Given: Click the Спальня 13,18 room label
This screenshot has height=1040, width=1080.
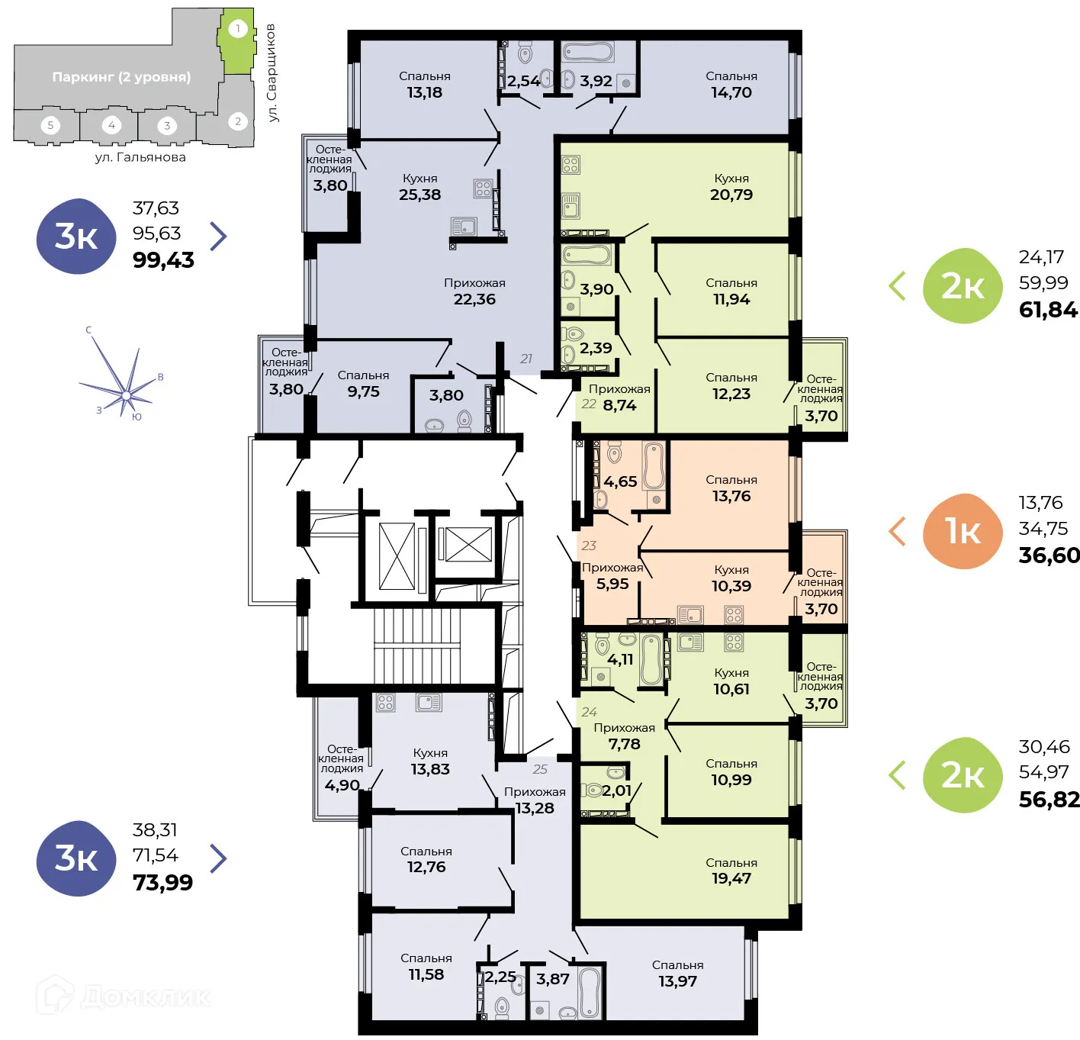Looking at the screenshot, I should [x=424, y=85].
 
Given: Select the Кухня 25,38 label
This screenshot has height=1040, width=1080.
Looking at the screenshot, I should [x=419, y=187].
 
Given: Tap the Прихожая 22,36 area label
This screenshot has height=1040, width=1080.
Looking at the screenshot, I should [x=474, y=291].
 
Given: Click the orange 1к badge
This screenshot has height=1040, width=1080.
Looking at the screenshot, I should [x=963, y=531].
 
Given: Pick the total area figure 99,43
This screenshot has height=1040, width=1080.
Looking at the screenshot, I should [x=163, y=260].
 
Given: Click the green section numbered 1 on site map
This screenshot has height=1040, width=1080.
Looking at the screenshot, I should [x=237, y=42].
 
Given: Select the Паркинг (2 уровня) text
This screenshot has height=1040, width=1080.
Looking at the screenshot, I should [x=121, y=77].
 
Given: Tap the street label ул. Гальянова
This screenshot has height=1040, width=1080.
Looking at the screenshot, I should [x=140, y=157].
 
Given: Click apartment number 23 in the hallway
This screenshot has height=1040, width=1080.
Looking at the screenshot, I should [x=589, y=546].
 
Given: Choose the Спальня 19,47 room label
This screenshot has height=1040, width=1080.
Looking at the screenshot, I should [x=731, y=871].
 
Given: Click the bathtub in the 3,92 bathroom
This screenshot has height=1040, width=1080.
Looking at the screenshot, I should [x=587, y=52].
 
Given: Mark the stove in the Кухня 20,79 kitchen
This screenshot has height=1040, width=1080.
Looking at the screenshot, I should [x=571, y=164].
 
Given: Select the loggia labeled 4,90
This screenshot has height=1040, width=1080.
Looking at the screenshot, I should [x=341, y=768].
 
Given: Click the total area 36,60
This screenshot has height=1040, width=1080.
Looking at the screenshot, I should [x=1049, y=555].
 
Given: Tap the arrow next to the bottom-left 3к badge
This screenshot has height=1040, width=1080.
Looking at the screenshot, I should [x=218, y=858].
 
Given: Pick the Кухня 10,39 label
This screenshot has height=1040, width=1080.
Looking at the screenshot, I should [x=731, y=578].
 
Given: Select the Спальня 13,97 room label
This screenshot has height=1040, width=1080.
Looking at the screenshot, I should [x=677, y=974].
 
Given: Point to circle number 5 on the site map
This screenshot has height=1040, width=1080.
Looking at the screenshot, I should [x=50, y=125].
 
